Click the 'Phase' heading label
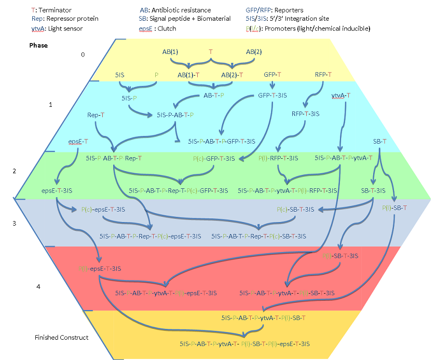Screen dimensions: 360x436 click(x=38, y=45)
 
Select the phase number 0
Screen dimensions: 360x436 click(x=81, y=54)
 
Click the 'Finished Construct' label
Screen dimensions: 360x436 click(x=61, y=338)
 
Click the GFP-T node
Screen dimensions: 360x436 click(x=272, y=75)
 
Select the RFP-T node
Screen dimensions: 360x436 click(x=323, y=75)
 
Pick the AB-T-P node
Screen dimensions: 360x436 click(x=213, y=95)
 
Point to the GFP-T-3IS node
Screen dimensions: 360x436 click(x=272, y=95)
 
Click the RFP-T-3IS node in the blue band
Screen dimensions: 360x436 click(x=305, y=114)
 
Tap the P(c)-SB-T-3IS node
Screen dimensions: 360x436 click(x=295, y=210)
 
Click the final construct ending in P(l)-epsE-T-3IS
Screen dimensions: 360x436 click(x=244, y=343)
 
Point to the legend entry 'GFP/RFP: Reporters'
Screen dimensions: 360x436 click(x=275, y=10)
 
